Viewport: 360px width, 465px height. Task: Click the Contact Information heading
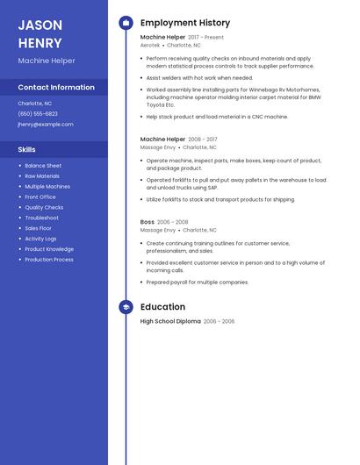coord(56,87)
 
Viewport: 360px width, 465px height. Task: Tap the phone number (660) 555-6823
coord(38,113)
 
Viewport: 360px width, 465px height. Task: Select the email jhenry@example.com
coord(46,124)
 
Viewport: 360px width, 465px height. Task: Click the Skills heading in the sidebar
coord(27,149)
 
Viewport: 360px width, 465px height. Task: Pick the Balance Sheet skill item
coord(43,166)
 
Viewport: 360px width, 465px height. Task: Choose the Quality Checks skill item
coord(44,207)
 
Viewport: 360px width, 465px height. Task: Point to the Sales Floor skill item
coord(39,228)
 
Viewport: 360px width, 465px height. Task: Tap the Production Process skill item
coord(49,260)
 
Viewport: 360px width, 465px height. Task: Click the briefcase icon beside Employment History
coord(126,23)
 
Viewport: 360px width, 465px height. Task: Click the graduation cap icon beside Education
coord(126,307)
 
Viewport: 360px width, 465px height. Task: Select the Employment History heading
coord(185,23)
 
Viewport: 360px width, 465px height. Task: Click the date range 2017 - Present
coord(206,38)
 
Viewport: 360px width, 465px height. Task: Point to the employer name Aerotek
coord(150,45)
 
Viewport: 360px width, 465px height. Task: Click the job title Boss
coord(147,222)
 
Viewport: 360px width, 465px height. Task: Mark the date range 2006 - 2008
coord(173,222)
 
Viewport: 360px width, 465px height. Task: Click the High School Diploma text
coord(170,321)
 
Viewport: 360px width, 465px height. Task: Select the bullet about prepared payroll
coord(197,283)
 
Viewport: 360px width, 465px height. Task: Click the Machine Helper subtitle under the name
coord(47,61)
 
